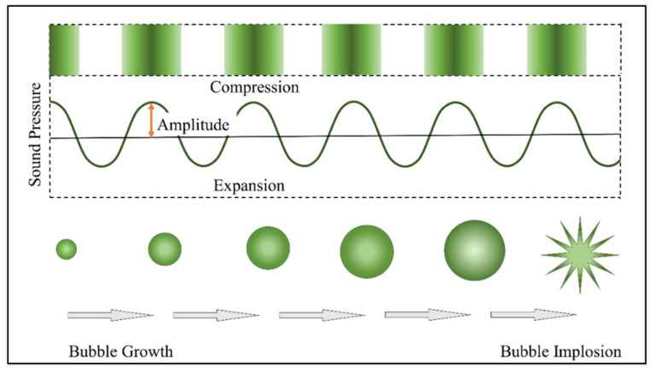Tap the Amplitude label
[x=194, y=125]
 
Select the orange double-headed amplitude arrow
[x=151, y=120]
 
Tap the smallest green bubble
[x=67, y=249]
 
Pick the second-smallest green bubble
[x=165, y=249]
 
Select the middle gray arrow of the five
[x=322, y=316]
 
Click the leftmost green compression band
[x=64, y=50]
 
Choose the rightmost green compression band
[x=557, y=50]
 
